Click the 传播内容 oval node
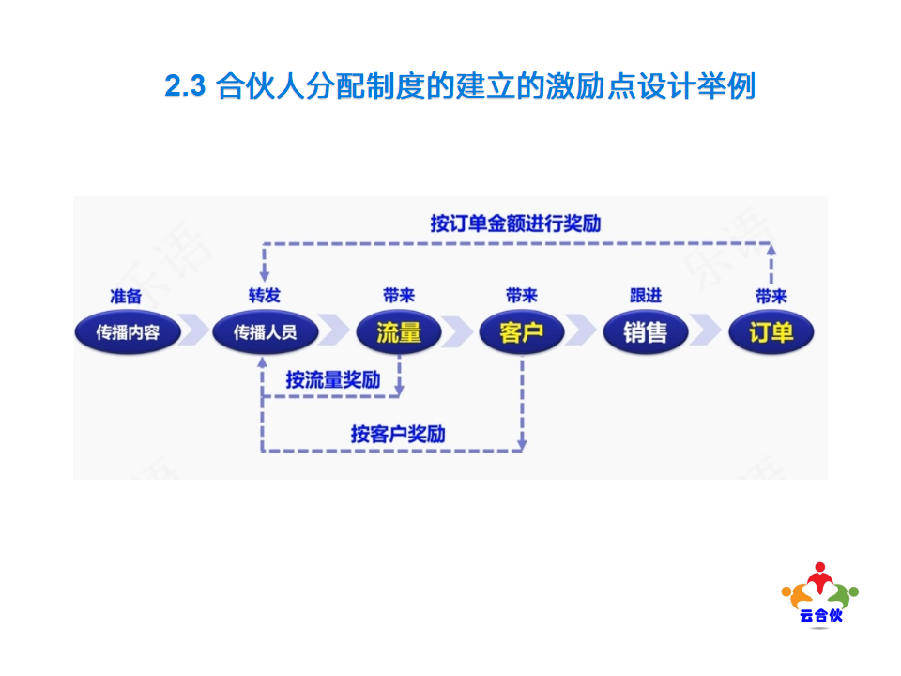pos(128,332)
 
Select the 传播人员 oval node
pos(265,332)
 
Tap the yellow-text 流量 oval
pos(399,332)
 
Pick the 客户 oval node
pos(522,332)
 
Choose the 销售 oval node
pos(646,332)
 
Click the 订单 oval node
pos(771,332)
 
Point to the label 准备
pos(126,296)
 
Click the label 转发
pos(265,296)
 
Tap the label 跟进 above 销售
pos(646,296)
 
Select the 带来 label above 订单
pos(771,296)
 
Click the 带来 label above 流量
pos(399,296)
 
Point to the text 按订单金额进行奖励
pos(515,223)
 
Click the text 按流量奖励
pos(333,379)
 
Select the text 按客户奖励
pos(398,434)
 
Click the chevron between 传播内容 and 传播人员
pos(193,330)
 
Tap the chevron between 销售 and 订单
pos(705,330)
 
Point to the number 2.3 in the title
pos(185,86)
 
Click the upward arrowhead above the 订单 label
pos(771,250)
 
